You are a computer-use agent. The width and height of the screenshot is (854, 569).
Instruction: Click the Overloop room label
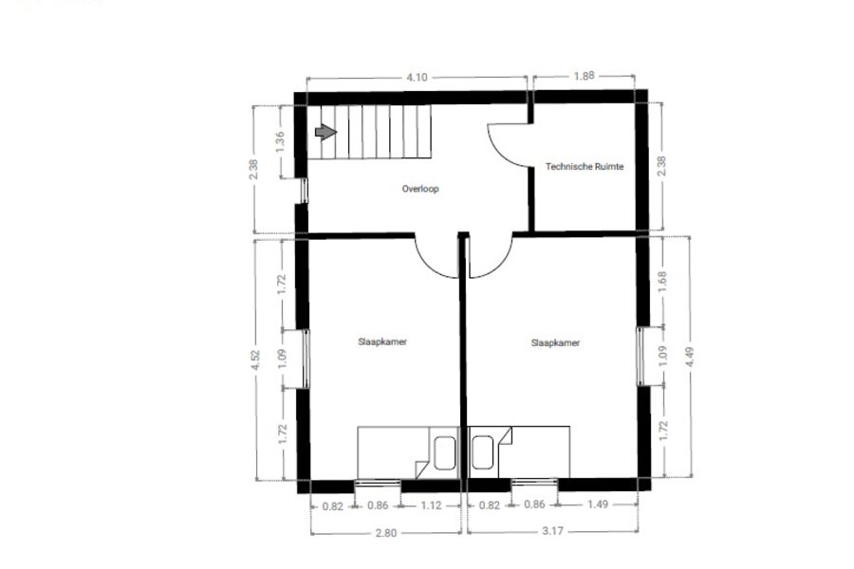click(x=420, y=189)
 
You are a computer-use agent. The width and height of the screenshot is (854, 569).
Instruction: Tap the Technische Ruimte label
click(x=585, y=167)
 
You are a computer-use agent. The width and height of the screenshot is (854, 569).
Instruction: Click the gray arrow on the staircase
click(x=325, y=132)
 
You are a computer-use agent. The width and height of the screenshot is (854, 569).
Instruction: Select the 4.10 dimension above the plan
click(x=417, y=78)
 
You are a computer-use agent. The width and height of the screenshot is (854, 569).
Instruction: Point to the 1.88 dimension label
click(x=584, y=76)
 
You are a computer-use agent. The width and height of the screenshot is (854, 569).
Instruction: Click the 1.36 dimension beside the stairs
click(x=280, y=142)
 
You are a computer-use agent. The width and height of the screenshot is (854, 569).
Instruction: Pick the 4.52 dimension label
click(x=255, y=359)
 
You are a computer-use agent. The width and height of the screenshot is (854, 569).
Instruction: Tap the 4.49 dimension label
click(x=690, y=357)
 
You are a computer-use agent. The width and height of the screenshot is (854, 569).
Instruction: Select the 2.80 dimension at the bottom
click(x=385, y=533)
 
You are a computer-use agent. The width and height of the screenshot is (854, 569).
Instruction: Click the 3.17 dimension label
click(x=552, y=531)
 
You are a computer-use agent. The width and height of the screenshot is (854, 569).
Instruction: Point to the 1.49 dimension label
click(x=598, y=505)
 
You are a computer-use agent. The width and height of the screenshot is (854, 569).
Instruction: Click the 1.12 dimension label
click(x=431, y=505)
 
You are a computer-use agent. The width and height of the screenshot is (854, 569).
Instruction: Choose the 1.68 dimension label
click(x=662, y=282)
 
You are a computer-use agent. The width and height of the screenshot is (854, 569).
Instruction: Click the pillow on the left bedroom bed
click(x=444, y=453)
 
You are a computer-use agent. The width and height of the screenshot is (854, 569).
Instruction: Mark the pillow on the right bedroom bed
click(x=483, y=452)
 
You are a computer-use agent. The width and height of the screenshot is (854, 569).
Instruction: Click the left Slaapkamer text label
click(x=382, y=342)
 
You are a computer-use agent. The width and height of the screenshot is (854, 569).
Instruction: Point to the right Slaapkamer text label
click(x=555, y=343)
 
